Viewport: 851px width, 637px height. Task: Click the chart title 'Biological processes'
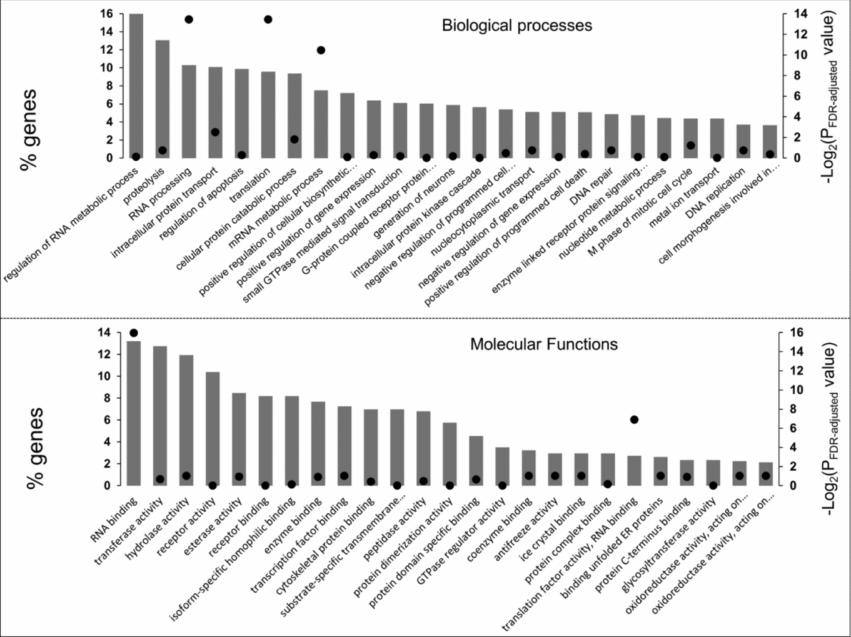[x=516, y=26]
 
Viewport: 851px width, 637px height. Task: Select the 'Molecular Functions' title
[x=543, y=344]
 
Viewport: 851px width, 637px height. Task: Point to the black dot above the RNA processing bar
[x=189, y=19]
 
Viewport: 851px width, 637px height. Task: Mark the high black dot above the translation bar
[x=268, y=19]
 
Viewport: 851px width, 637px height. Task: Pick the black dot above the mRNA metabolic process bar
[x=321, y=50]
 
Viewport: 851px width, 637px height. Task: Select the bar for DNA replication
[x=743, y=141]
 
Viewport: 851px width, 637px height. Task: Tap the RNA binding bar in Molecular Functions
[x=134, y=413]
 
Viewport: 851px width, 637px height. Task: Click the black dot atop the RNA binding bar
[x=134, y=333]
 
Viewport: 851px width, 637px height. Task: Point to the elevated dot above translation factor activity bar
[x=634, y=419]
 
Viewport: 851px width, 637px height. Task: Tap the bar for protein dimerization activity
[x=450, y=454]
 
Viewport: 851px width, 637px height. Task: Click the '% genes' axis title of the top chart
[x=28, y=129]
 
